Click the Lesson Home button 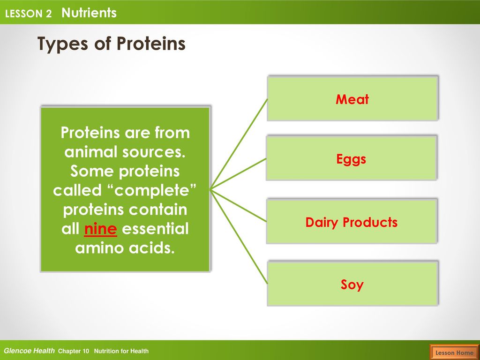454,352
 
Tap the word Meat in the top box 352,99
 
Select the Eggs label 351,159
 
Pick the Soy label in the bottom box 352,285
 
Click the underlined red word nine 100,229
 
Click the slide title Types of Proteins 111,44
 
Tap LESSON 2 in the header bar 28,14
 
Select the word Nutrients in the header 89,13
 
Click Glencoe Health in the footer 29,351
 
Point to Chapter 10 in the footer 74,351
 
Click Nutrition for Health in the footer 121,351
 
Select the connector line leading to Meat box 239,144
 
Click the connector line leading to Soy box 239,237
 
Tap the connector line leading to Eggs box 238,174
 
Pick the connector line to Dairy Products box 238,205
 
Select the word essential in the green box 155,229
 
